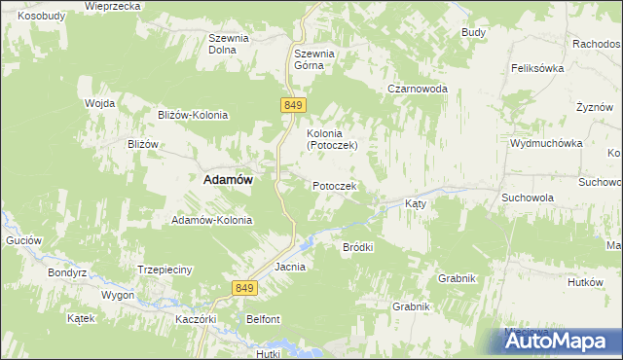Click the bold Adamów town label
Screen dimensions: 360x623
pyautogui.click(x=227, y=180)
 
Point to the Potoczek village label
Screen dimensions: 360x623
pyautogui.click(x=335, y=186)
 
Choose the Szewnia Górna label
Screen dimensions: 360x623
pyautogui.click(x=314, y=60)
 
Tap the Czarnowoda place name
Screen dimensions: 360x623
pyautogui.click(x=418, y=89)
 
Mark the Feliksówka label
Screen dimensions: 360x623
pyautogui.click(x=538, y=69)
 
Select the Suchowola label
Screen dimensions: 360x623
pyautogui.click(x=528, y=197)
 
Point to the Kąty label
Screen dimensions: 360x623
pyautogui.click(x=416, y=205)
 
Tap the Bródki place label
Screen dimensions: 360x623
pyautogui.click(x=358, y=247)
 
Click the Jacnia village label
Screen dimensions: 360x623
pyautogui.click(x=290, y=266)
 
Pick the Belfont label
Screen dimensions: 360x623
pyautogui.click(x=263, y=319)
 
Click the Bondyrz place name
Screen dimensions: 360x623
pyautogui.click(x=68, y=272)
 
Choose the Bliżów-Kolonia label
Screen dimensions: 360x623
pyautogui.click(x=193, y=115)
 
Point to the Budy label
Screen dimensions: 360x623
pyautogui.click(x=474, y=33)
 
